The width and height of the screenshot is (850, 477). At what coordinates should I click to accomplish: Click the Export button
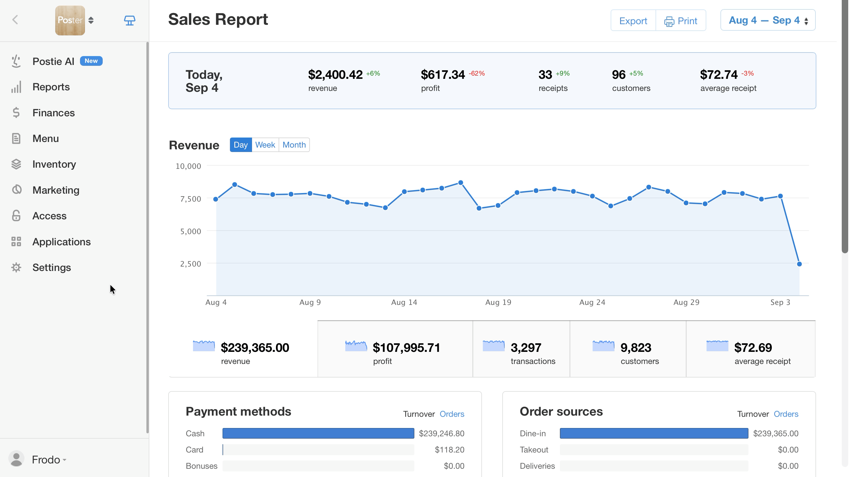pyautogui.click(x=633, y=20)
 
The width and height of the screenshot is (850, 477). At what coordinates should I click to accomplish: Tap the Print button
pyautogui.click(x=681, y=20)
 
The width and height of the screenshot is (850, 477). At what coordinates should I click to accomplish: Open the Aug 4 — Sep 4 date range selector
pyautogui.click(x=768, y=20)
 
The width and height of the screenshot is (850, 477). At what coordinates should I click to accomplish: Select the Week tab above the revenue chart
pyautogui.click(x=265, y=145)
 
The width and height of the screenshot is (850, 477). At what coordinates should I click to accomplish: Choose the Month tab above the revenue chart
pyautogui.click(x=294, y=145)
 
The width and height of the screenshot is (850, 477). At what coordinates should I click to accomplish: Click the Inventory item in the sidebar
pyautogui.click(x=54, y=164)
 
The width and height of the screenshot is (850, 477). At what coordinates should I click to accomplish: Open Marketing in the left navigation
pyautogui.click(x=56, y=190)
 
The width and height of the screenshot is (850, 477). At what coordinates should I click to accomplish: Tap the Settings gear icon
pyautogui.click(x=16, y=267)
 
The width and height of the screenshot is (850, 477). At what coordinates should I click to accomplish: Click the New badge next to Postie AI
pyautogui.click(x=91, y=61)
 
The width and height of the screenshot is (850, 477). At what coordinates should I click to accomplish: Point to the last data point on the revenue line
pyautogui.click(x=799, y=264)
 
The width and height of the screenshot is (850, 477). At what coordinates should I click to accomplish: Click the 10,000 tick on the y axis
pyautogui.click(x=188, y=166)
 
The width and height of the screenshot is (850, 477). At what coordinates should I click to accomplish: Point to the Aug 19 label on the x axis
pyautogui.click(x=498, y=302)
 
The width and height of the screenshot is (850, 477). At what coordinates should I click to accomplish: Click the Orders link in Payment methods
pyautogui.click(x=452, y=414)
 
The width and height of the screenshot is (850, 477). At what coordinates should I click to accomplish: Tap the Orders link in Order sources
pyautogui.click(x=786, y=414)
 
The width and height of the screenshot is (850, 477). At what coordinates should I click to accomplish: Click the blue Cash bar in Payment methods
pyautogui.click(x=318, y=433)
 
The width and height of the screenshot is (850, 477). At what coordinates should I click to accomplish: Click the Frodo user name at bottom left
pyautogui.click(x=46, y=459)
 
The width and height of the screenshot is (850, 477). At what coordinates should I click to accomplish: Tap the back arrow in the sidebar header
pyautogui.click(x=15, y=20)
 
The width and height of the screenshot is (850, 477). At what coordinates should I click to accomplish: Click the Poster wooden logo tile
pyautogui.click(x=70, y=20)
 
